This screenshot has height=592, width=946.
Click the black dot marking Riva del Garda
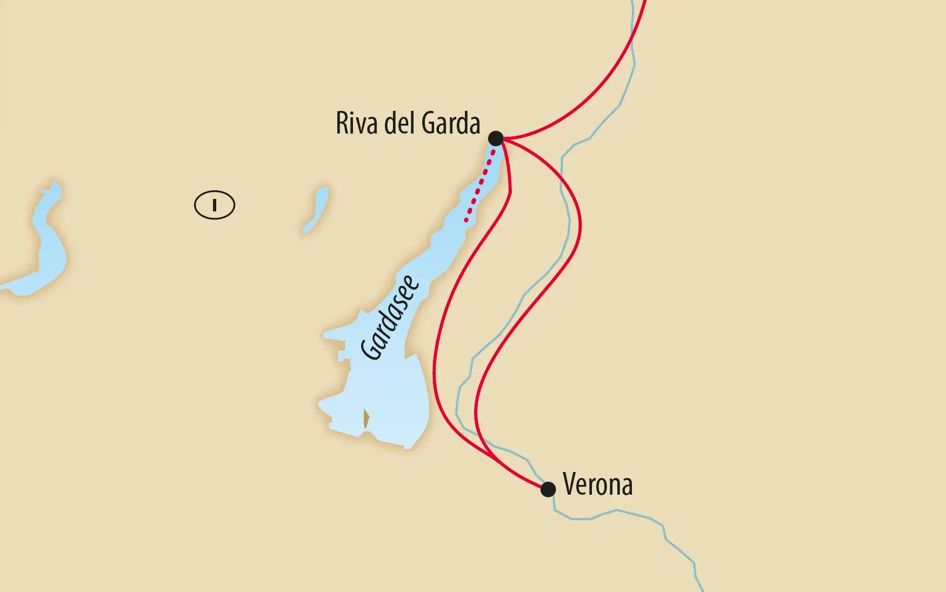(496, 138)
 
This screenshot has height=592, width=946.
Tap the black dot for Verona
(548, 489)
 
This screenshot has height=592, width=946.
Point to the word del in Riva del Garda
(399, 123)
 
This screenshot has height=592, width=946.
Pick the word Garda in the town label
(450, 123)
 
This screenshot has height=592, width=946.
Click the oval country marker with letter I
(215, 205)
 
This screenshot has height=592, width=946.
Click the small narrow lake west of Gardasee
(316, 210)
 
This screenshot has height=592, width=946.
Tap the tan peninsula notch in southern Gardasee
(366, 418)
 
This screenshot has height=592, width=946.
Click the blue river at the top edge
(632, 16)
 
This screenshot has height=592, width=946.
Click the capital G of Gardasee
(371, 349)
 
